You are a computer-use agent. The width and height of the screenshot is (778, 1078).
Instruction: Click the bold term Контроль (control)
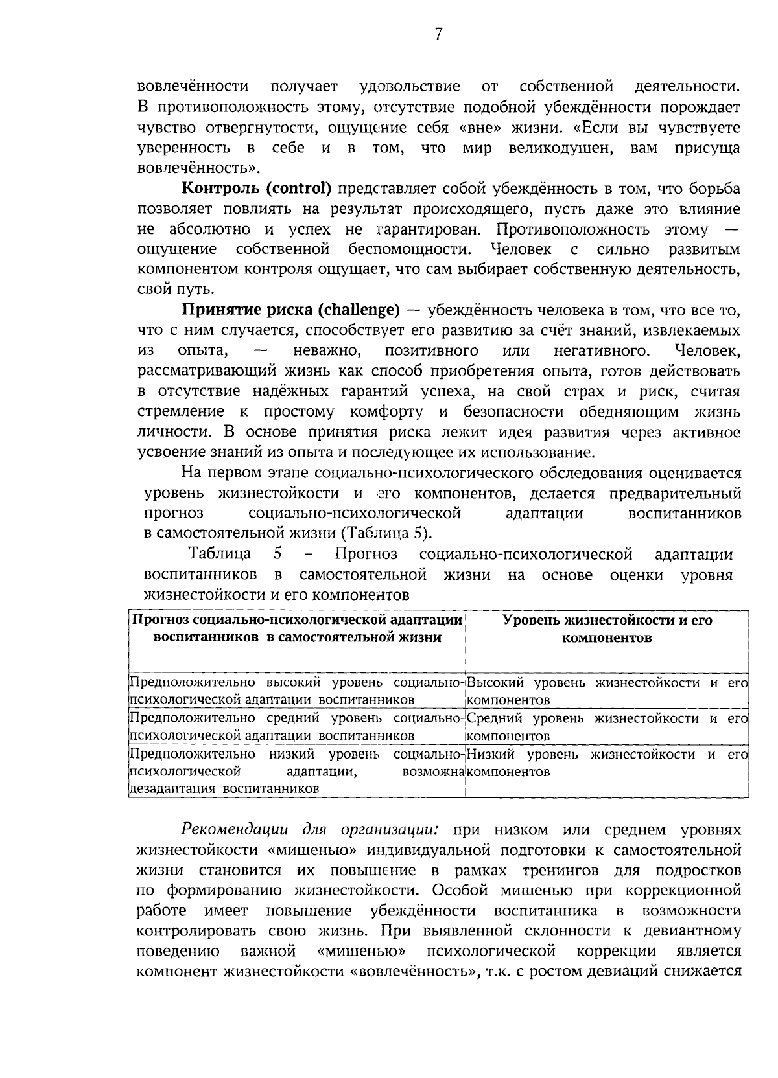tap(257, 189)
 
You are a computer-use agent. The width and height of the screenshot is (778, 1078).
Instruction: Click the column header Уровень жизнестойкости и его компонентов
tap(607, 628)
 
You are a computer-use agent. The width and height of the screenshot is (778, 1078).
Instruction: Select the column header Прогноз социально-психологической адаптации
tap(297, 620)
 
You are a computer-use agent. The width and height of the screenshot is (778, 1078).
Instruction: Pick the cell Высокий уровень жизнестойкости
tap(607, 683)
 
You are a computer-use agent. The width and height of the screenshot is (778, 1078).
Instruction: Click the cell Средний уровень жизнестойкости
tap(607, 718)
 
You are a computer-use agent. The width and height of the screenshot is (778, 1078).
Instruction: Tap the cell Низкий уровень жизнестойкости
tap(607, 755)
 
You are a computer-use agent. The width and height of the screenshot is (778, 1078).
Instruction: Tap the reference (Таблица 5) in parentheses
tap(385, 534)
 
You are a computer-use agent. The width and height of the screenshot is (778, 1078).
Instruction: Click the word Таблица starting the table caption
tap(220, 555)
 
